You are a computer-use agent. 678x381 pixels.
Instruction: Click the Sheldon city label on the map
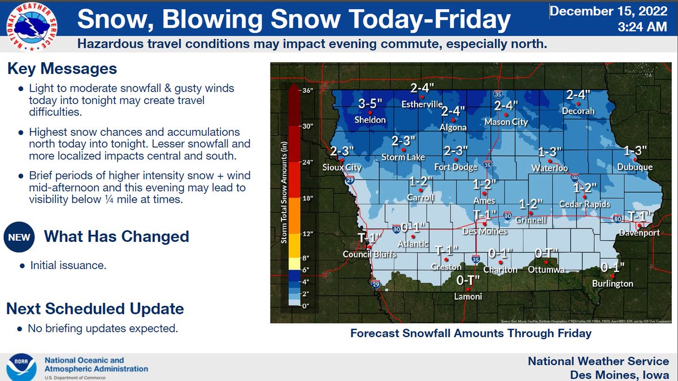(370, 120)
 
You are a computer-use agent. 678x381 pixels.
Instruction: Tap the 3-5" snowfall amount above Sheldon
(371, 104)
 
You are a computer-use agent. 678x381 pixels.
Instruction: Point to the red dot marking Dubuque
(635, 159)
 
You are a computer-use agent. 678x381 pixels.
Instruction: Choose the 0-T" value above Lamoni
(468, 280)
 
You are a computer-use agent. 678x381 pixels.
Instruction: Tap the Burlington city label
(612, 284)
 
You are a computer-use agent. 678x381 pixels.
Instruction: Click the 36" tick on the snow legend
(307, 90)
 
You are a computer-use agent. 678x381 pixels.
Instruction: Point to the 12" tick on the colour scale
(307, 233)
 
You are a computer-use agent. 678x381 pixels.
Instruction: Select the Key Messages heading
(62, 69)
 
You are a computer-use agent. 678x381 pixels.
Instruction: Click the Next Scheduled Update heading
(95, 309)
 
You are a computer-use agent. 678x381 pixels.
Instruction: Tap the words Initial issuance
(68, 265)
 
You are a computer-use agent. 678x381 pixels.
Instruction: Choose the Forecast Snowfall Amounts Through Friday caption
(471, 334)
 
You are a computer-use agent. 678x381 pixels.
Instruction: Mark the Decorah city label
(578, 111)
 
